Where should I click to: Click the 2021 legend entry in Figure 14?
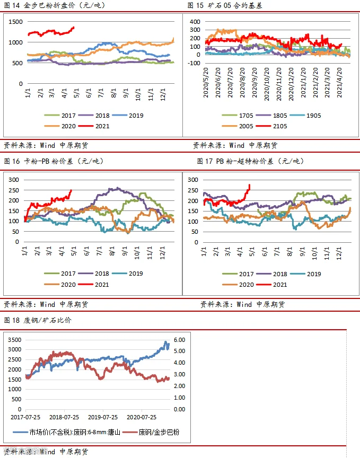(x=94, y=126)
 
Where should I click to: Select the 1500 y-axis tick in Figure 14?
(x=15, y=22)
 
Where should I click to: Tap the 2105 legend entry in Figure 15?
(x=271, y=126)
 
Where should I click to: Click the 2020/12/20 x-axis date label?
(x=291, y=84)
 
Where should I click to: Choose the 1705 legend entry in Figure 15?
(x=238, y=116)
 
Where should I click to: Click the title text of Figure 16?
(x=54, y=161)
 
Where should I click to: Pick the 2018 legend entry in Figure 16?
(x=93, y=274)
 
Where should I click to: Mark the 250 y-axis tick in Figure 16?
(x=14, y=190)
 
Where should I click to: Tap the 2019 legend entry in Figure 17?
(x=305, y=274)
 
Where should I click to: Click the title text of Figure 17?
(x=250, y=161)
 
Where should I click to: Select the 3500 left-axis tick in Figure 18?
(x=15, y=340)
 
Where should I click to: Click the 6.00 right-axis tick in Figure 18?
(x=179, y=340)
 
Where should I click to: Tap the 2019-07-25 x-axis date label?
(x=103, y=417)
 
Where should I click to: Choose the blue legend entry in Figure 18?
(x=67, y=432)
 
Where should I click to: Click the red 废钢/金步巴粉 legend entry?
(x=151, y=432)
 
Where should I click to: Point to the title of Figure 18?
(x=38, y=320)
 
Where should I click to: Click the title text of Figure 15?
(x=225, y=5)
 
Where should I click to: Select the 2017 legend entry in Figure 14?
(x=60, y=116)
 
